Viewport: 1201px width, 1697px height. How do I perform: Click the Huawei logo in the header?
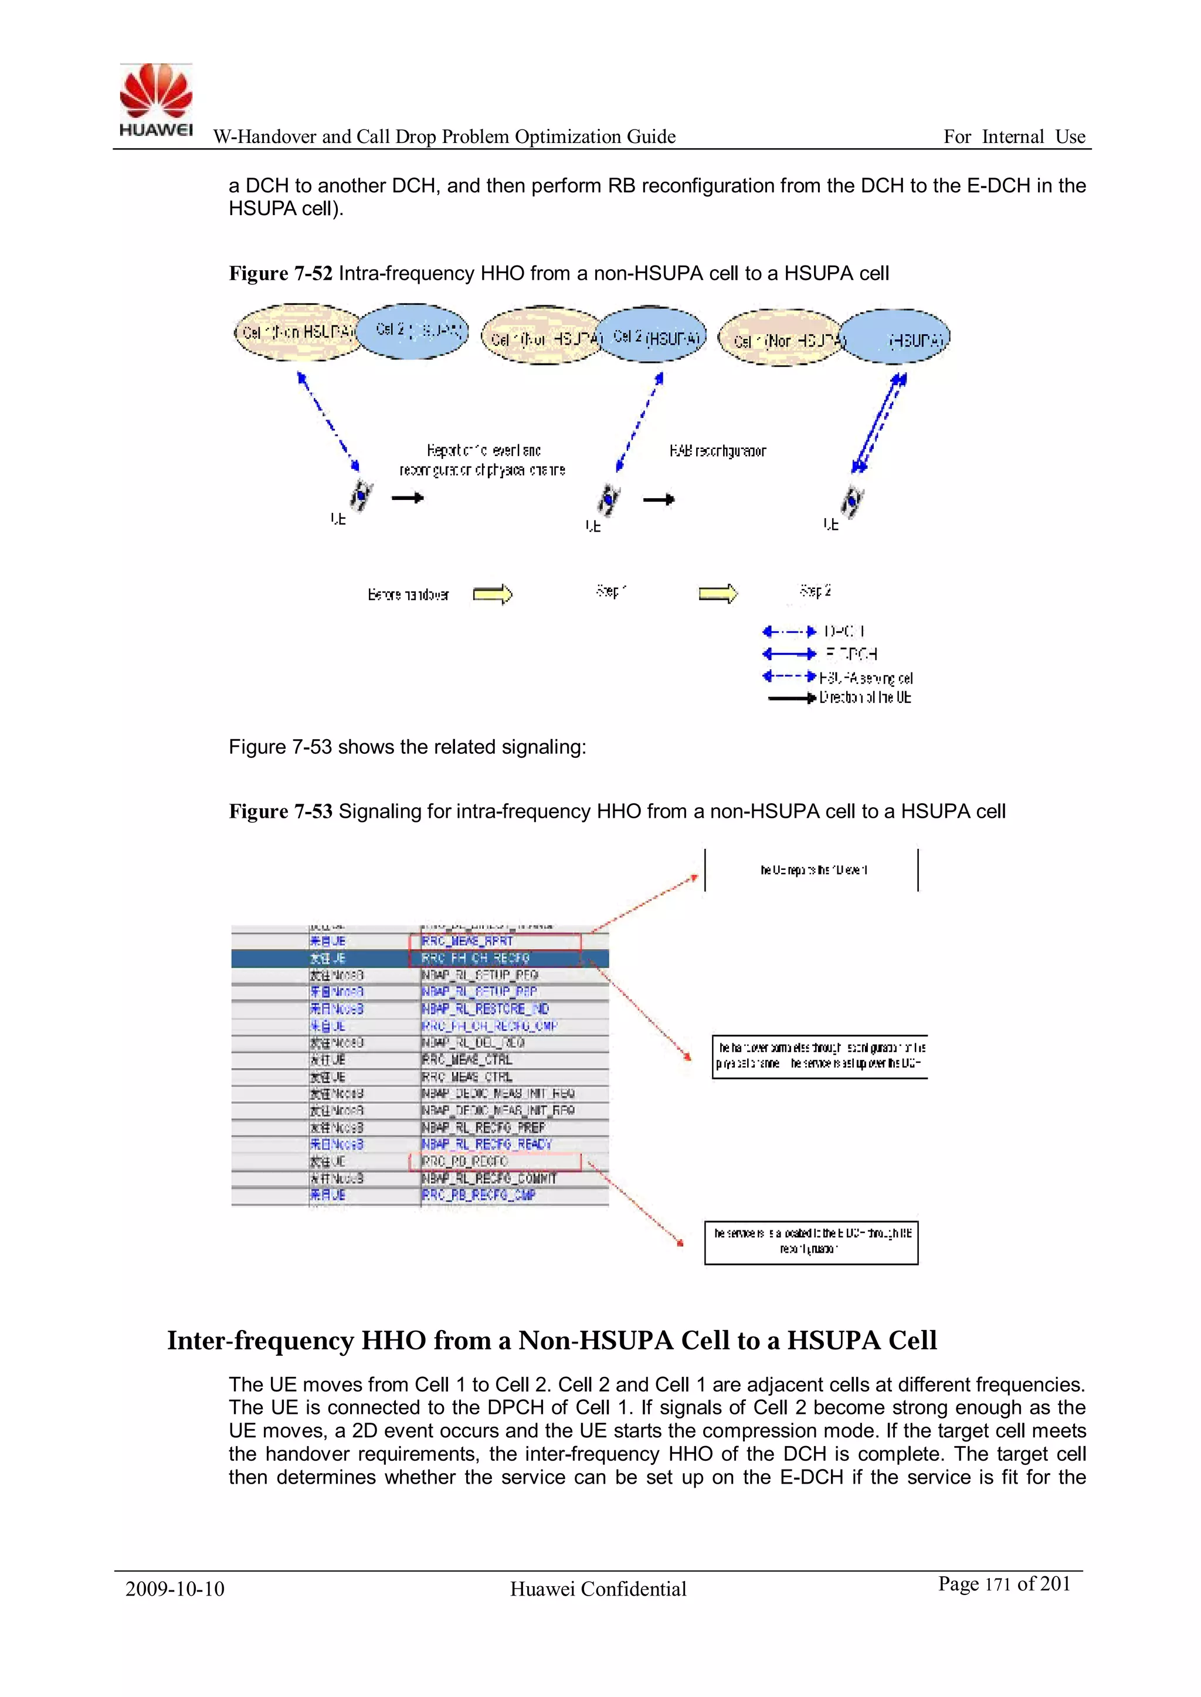click(x=155, y=100)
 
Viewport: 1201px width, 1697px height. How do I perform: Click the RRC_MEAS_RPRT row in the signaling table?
click(x=467, y=941)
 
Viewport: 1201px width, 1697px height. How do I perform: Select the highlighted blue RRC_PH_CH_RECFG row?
click(x=476, y=958)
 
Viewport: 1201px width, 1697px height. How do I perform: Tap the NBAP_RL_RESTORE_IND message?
click(x=485, y=1009)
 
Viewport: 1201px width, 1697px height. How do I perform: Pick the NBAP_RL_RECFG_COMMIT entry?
click(x=489, y=1178)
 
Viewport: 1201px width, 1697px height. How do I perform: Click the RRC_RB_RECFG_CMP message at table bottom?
click(x=479, y=1195)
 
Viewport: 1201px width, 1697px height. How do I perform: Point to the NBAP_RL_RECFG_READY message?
click(x=487, y=1144)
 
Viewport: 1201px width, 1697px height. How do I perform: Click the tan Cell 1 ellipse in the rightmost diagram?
click(x=780, y=338)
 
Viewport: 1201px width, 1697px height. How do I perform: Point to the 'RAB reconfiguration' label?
click(x=717, y=451)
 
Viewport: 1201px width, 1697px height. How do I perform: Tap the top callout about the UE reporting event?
click(x=811, y=870)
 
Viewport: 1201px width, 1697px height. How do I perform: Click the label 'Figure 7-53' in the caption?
click(x=280, y=811)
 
